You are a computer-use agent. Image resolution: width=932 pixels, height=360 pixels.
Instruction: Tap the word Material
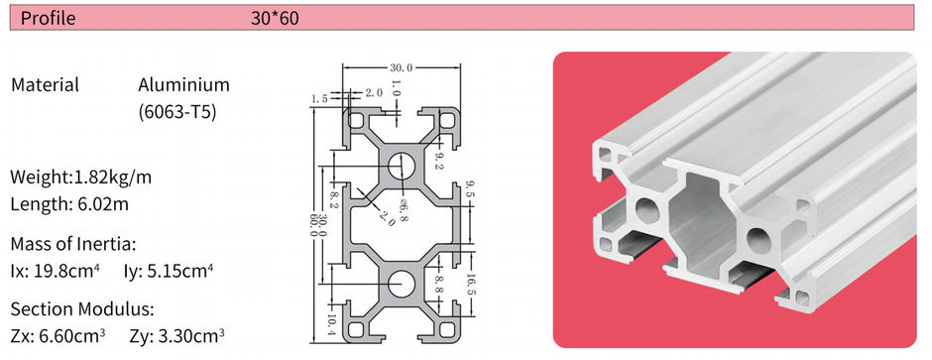pyautogui.click(x=45, y=85)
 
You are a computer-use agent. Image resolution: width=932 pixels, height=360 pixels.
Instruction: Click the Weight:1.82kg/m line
pyautogui.click(x=81, y=178)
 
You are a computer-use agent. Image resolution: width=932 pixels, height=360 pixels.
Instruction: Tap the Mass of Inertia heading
pyautogui.click(x=73, y=243)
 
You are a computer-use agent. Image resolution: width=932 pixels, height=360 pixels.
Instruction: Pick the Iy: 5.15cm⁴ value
pyautogui.click(x=170, y=270)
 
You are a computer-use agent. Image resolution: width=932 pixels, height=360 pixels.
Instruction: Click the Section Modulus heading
pyautogui.click(x=82, y=308)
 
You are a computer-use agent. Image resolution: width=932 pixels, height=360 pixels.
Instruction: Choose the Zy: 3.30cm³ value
pyautogui.click(x=176, y=335)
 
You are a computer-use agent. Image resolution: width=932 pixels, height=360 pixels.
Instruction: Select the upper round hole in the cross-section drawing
pyautogui.click(x=402, y=165)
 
